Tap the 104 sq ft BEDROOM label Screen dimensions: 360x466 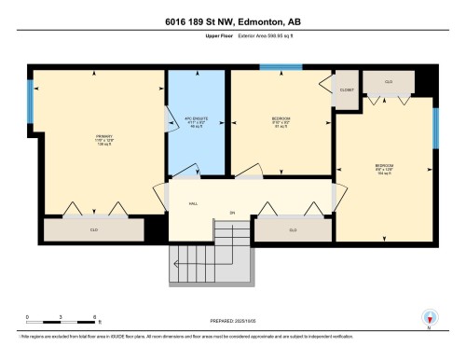[384, 170]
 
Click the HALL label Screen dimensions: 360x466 [193, 203]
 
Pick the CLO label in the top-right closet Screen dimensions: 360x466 [388, 82]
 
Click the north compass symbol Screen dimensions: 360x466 [429, 318]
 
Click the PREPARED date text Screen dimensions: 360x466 [233, 320]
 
